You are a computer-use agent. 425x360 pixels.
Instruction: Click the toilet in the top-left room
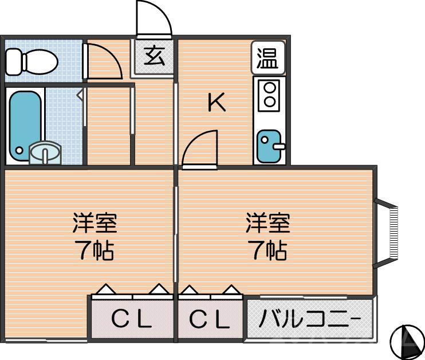click(32, 59)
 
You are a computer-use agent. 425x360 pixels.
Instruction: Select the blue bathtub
click(23, 123)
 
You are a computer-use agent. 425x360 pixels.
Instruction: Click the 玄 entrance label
click(154, 57)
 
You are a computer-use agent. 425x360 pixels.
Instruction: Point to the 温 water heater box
click(267, 58)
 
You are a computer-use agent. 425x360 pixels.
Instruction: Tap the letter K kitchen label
click(217, 103)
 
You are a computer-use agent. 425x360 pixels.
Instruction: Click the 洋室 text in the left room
click(95, 224)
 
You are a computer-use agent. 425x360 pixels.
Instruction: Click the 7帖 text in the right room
click(267, 250)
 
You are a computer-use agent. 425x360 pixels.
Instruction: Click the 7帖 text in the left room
click(95, 250)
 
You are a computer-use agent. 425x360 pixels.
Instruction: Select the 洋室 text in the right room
click(267, 224)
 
